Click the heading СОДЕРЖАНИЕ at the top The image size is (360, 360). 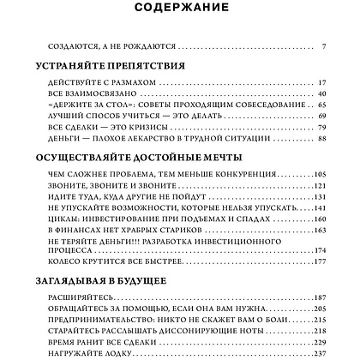coord(180,9)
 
